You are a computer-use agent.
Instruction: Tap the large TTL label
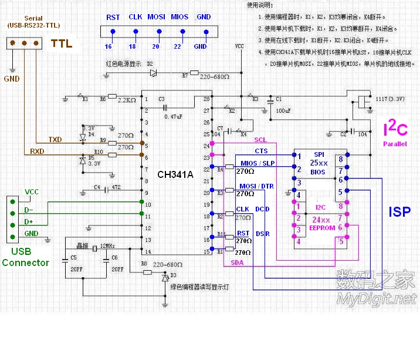(62, 43)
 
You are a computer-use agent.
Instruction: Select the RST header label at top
(113, 18)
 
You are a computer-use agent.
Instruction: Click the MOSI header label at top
(156, 18)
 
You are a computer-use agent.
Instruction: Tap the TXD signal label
(55, 140)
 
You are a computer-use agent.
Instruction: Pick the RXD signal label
(38, 152)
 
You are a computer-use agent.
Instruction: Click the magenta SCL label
(260, 140)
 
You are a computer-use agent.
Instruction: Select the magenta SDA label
(237, 263)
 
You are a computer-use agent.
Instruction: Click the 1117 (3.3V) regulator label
(388, 99)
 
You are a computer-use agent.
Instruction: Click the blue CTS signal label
(261, 152)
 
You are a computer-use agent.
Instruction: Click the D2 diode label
(150, 63)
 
